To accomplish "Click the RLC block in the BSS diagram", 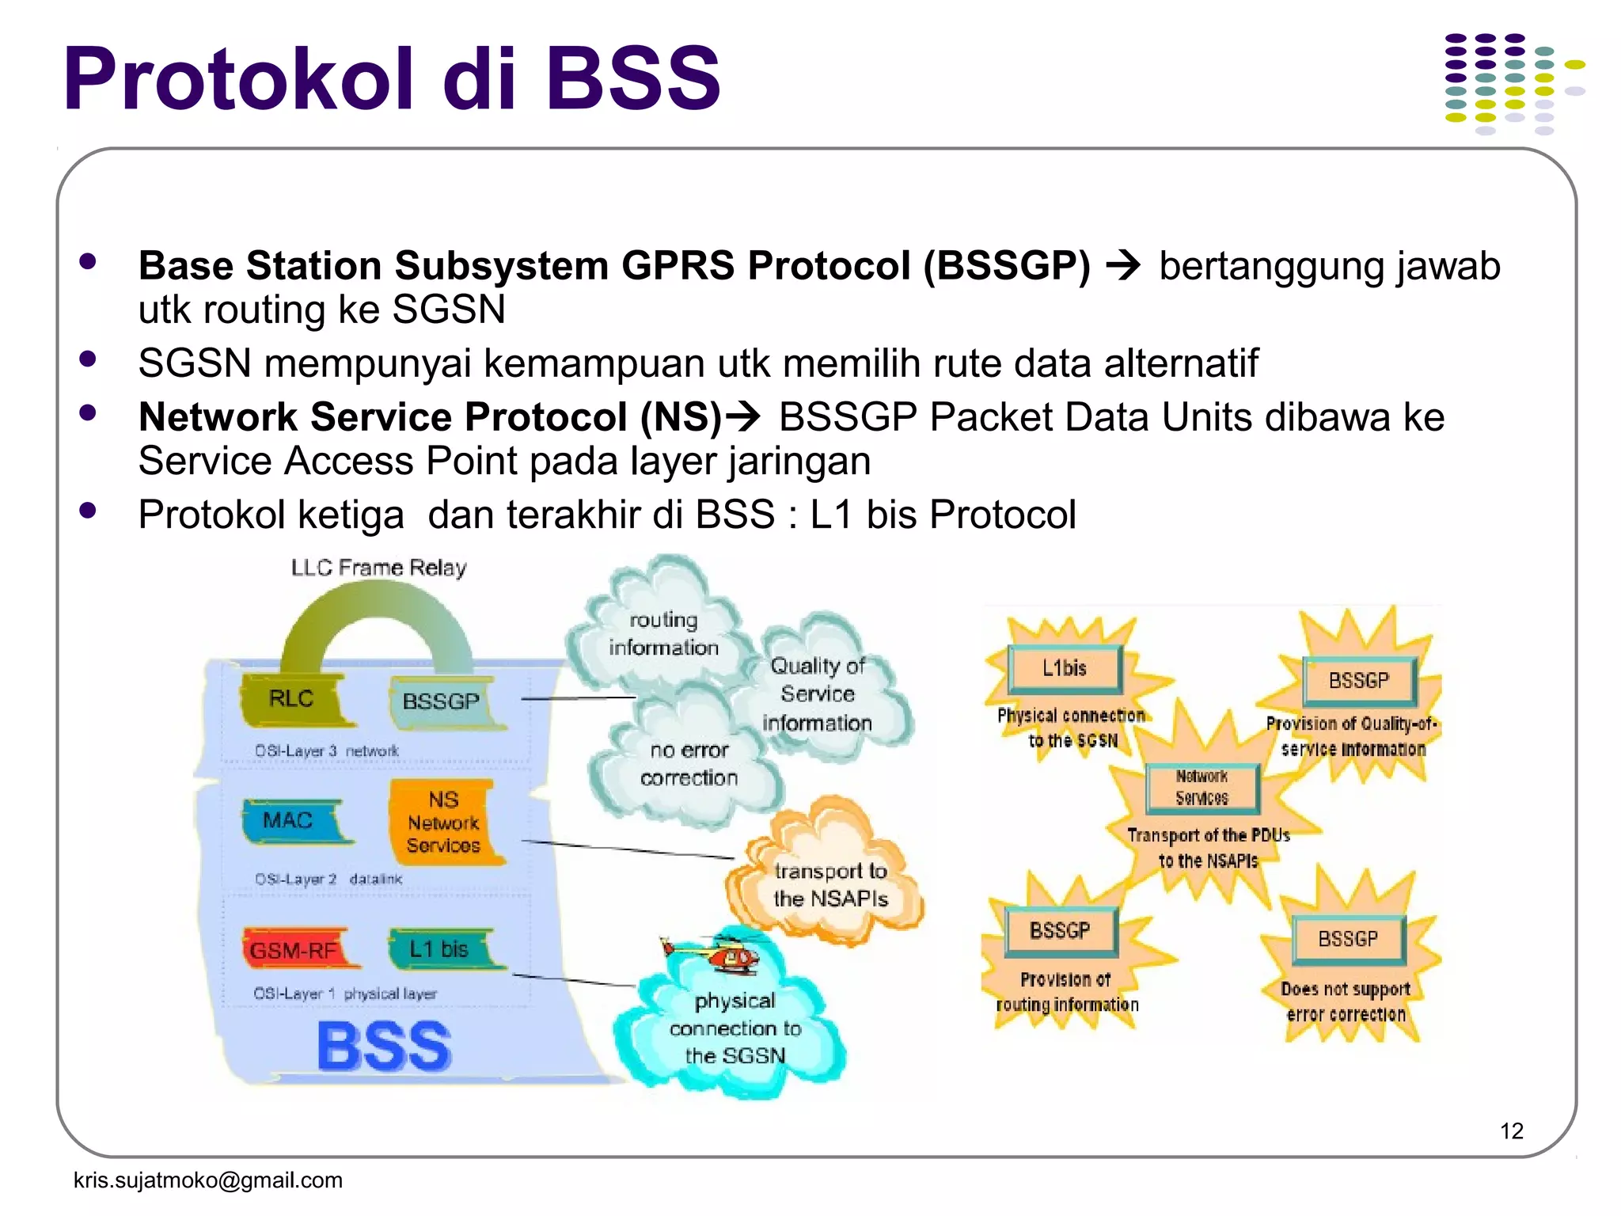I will point(293,699).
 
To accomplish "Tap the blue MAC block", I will point(289,820).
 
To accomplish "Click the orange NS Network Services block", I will point(443,823).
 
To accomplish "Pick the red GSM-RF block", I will point(294,949).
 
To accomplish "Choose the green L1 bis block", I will point(440,948).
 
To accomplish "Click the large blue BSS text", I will point(385,1047).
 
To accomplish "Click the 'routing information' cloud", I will point(663,633).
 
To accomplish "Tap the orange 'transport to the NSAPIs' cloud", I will point(830,884).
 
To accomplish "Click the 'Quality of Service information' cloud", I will point(818,694).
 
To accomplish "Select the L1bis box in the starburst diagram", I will point(1065,668).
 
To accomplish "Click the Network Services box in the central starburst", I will point(1202,788).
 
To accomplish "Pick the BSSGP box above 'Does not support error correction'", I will point(1348,939).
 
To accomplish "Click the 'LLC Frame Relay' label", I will point(379,568).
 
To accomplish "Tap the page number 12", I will point(1511,1130).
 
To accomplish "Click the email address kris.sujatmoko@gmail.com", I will point(208,1180).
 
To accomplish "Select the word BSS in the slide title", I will point(633,79).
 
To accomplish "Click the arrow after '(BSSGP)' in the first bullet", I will point(1123,266).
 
